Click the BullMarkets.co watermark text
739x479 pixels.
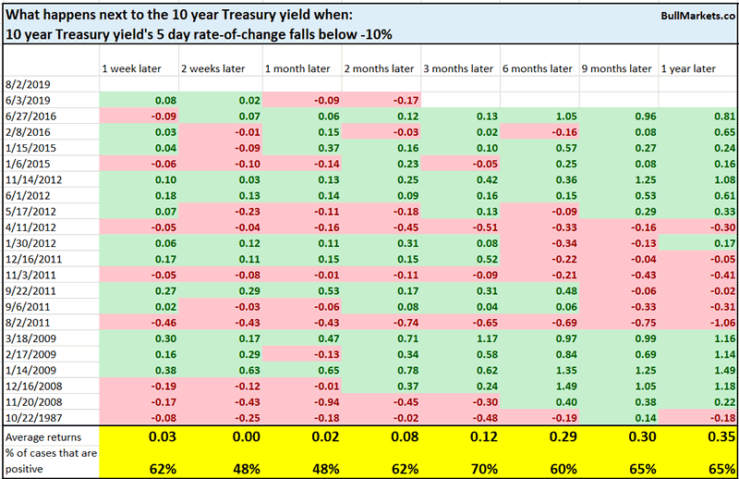click(691, 17)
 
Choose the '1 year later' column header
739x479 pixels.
click(690, 69)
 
